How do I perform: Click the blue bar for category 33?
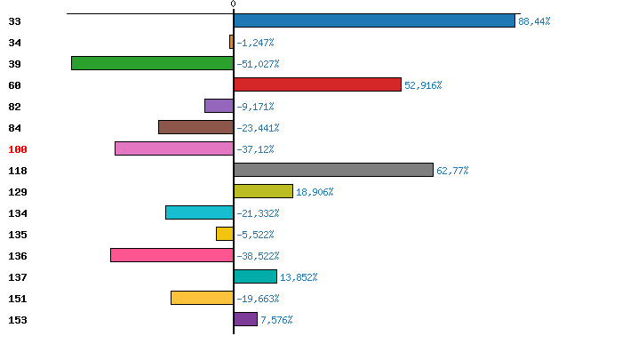point(374,20)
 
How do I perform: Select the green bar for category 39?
point(152,63)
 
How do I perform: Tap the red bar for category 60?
point(317,84)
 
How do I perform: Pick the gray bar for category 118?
point(333,170)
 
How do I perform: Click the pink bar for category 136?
point(171,255)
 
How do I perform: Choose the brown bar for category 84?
point(195,127)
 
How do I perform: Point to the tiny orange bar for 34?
point(231,42)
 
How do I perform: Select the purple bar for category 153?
point(245,319)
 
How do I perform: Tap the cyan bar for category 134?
point(199,212)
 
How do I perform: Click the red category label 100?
point(19,149)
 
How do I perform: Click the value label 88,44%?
point(534,21)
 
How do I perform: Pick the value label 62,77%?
point(452,171)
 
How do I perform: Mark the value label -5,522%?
point(256,235)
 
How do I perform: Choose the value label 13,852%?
point(299,277)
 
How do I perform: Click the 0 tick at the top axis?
point(233,4)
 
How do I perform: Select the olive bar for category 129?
point(263,191)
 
